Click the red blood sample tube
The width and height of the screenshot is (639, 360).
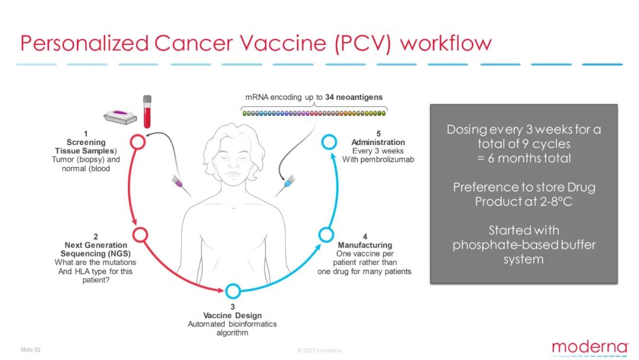pyautogui.click(x=147, y=112)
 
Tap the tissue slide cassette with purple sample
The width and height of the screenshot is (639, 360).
pyautogui.click(x=120, y=116)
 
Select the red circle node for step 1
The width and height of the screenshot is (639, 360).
pyautogui.click(x=138, y=142)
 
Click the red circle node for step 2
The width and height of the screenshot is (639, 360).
pyautogui.click(x=140, y=235)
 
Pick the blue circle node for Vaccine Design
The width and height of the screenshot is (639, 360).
pyautogui.click(x=233, y=291)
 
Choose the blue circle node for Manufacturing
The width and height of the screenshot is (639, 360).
pyautogui.click(x=326, y=235)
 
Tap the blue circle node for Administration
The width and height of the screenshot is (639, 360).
pyautogui.click(x=330, y=142)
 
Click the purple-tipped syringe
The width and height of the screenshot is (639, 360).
pyautogui.click(x=181, y=186)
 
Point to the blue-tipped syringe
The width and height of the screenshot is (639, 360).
pyautogui.click(x=285, y=186)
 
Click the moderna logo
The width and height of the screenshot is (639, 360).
pyautogui.click(x=590, y=348)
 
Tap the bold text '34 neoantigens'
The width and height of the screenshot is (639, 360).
pyautogui.click(x=354, y=97)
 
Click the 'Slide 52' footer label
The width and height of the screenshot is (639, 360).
pyautogui.click(x=31, y=349)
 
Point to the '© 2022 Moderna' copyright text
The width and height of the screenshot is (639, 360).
pyautogui.click(x=319, y=350)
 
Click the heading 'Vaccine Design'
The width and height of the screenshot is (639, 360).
pyautogui.click(x=233, y=315)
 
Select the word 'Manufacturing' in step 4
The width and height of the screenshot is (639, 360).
pyautogui.click(x=364, y=245)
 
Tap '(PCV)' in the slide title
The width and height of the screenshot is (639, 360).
pyautogui.click(x=363, y=43)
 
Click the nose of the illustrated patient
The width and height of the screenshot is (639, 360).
pyautogui.click(x=233, y=165)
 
